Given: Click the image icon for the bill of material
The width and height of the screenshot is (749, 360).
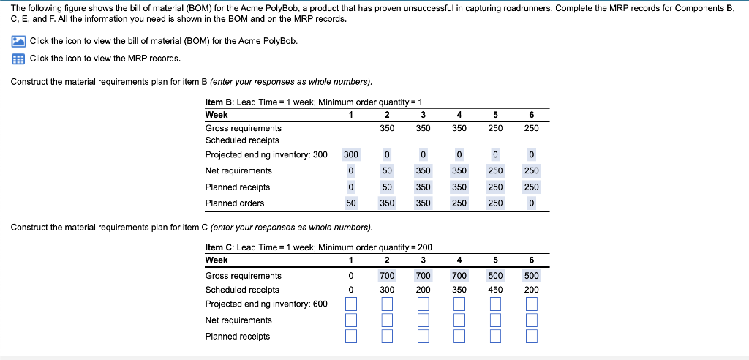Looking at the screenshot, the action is click(19, 41).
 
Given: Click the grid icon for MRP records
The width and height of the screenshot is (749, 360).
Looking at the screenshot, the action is click(19, 59).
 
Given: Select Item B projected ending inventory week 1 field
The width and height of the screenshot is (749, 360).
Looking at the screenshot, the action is click(351, 155).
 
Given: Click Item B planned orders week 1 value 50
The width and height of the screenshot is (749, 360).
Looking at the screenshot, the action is click(351, 203).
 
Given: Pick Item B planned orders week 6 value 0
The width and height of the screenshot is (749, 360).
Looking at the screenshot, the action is click(531, 203).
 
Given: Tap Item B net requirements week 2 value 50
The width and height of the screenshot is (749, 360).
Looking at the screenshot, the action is click(387, 170).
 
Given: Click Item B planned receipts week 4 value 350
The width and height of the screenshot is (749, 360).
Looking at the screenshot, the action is click(459, 187).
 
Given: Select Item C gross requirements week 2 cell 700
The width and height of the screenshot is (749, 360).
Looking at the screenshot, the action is click(387, 276).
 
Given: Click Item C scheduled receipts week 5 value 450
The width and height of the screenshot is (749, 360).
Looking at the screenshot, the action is click(495, 290).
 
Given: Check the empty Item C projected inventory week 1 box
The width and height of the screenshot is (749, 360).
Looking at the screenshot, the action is click(351, 304).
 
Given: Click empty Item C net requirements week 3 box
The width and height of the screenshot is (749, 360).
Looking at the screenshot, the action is click(423, 320).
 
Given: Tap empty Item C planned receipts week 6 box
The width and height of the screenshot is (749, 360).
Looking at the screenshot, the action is click(531, 336).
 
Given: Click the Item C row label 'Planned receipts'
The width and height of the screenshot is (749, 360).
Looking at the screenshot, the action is click(238, 337).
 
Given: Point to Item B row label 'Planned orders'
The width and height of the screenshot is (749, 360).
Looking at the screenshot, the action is click(235, 203).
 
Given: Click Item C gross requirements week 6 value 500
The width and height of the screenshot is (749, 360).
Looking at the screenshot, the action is click(531, 276).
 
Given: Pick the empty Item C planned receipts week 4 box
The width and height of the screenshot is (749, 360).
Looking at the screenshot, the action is click(459, 336).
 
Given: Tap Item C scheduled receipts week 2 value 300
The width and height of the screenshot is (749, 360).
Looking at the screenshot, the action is click(387, 290).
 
